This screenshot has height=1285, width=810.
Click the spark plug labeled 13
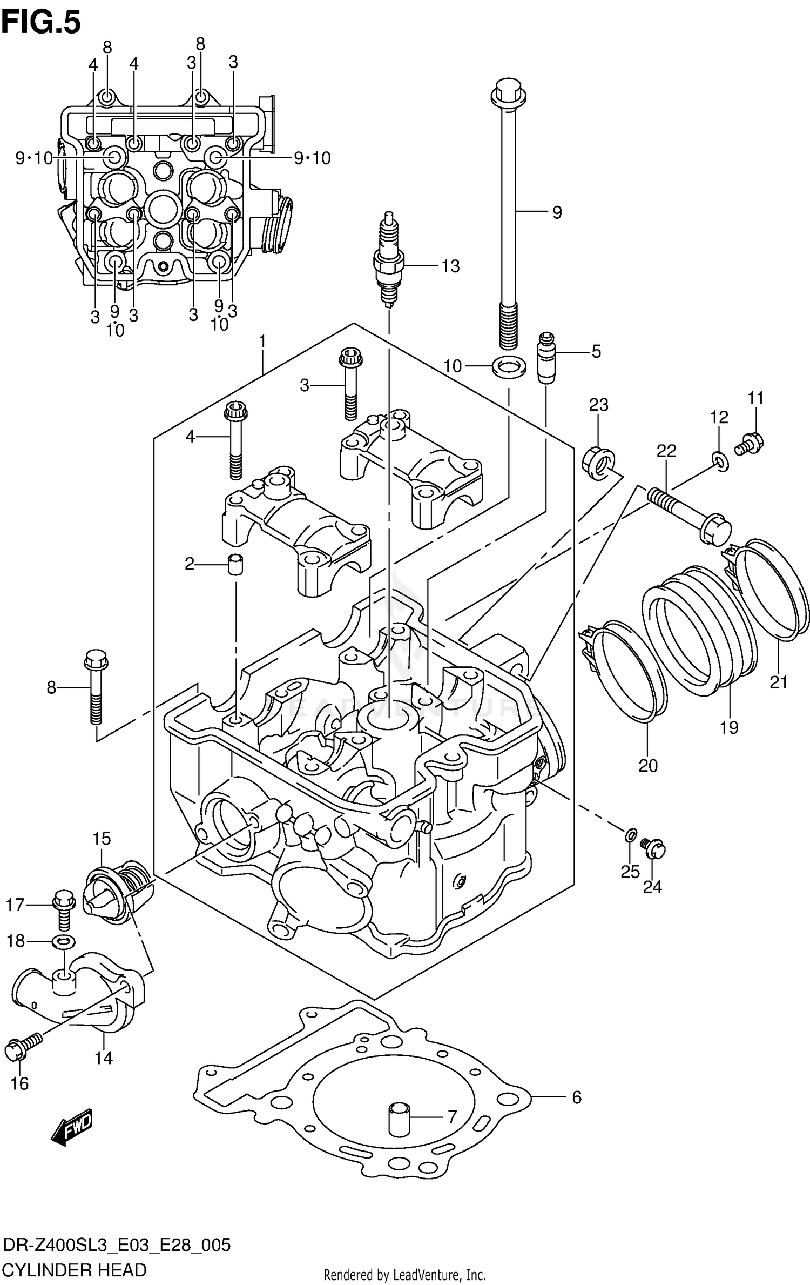coord(389,262)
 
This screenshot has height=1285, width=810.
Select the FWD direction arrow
coord(72,1126)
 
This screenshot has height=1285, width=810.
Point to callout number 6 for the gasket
coord(576,1097)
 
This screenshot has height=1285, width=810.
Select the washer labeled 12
coord(720,460)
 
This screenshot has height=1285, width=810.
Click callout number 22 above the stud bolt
coord(666,450)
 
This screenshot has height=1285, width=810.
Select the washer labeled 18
coord(63,942)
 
